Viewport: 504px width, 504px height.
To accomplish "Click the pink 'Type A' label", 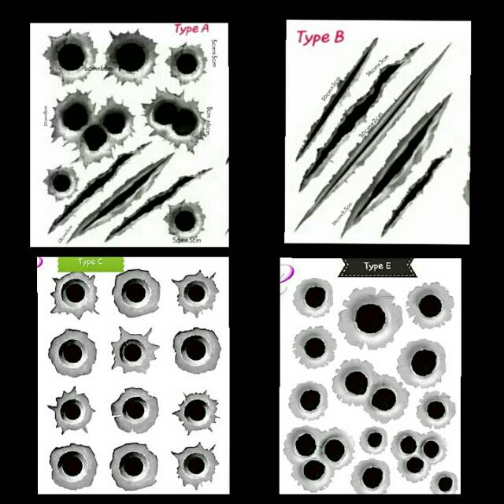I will click(x=191, y=30).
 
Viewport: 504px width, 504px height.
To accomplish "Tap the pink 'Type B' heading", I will click(x=320, y=37).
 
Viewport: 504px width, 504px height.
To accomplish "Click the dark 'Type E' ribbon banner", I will click(x=377, y=266).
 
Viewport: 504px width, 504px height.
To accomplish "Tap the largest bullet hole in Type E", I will click(x=369, y=317).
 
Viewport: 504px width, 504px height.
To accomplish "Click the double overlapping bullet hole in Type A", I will click(x=175, y=117).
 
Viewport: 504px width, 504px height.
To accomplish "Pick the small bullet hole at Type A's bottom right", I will click(x=184, y=219).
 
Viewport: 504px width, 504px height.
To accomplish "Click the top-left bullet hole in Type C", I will click(x=74, y=294).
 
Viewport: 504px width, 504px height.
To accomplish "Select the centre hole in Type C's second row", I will click(x=134, y=350).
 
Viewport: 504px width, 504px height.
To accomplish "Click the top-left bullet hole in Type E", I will click(x=314, y=298).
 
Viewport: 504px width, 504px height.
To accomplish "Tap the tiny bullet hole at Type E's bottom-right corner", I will click(x=446, y=482).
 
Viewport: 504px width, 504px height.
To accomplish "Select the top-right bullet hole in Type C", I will click(x=195, y=294).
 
